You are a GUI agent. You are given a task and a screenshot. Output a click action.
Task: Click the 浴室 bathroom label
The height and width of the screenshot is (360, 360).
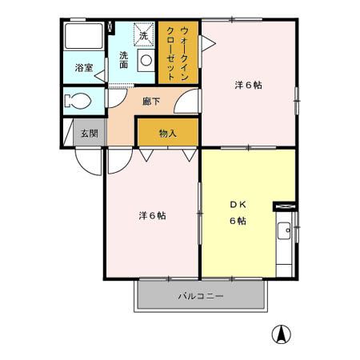pyautogui.click(x=84, y=69)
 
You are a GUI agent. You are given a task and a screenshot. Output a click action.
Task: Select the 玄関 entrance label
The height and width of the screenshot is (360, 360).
pyautogui.click(x=88, y=134)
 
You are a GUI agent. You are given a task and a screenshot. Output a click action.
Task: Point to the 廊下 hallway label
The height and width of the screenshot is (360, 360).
pyautogui.click(x=151, y=102)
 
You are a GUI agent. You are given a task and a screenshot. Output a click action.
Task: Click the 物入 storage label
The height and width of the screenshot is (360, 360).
pyautogui.click(x=167, y=134)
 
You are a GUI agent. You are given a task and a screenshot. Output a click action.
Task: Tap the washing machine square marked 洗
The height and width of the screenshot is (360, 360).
pyautogui.click(x=144, y=35)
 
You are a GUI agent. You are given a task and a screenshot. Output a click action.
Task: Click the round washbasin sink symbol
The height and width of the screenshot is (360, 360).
pyautogui.click(x=146, y=60)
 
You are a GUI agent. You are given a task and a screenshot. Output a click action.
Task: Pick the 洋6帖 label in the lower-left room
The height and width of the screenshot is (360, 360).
pyautogui.click(x=151, y=215)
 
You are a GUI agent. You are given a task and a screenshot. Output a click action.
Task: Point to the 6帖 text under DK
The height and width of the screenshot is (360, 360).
pyautogui.click(x=238, y=221)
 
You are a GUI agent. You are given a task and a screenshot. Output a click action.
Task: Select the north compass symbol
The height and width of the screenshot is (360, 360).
pyautogui.click(x=282, y=334)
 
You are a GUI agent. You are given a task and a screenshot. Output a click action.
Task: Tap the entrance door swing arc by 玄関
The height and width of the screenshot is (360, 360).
pyautogui.click(x=90, y=161)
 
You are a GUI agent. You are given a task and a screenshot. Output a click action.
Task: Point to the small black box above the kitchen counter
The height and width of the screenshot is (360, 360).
pyautogui.click(x=284, y=206)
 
